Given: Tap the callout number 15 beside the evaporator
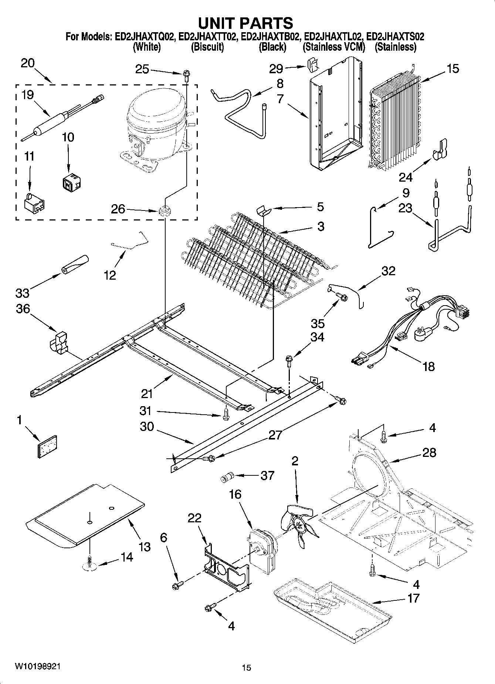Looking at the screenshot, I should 452,69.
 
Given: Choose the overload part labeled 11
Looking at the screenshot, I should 34,203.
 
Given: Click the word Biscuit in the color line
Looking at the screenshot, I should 207,47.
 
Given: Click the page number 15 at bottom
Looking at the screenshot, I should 246,668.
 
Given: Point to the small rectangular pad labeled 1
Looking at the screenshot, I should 47,447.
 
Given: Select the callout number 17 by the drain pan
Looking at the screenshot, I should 413,598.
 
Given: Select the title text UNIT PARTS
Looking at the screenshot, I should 245,23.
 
